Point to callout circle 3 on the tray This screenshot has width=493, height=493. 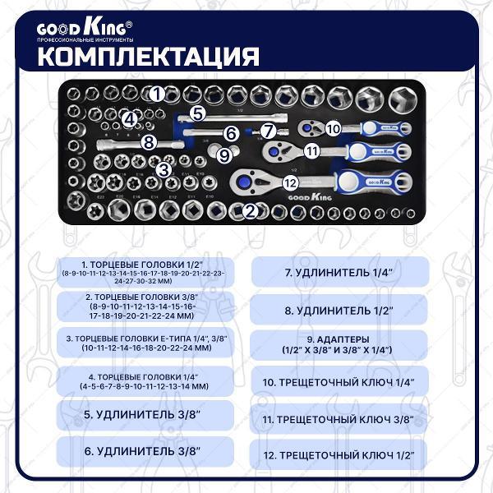164,169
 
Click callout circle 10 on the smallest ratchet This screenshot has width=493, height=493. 332,128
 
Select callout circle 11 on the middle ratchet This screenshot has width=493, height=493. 311,150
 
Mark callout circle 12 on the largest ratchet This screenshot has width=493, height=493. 288,184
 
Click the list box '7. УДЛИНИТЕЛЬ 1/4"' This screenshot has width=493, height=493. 339,271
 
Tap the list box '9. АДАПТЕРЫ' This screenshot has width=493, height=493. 339,344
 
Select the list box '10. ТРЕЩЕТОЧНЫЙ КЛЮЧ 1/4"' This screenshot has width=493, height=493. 339,381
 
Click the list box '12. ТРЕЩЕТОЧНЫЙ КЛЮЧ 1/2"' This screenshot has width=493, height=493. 339,454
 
